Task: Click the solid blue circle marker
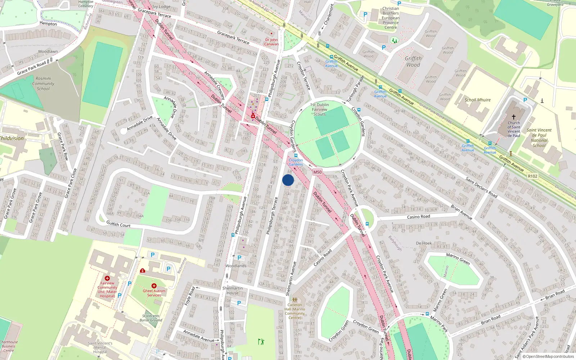[x=288, y=180]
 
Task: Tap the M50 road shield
[x=317, y=172]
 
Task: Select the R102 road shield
[x=532, y=176]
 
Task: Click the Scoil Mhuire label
[x=477, y=100]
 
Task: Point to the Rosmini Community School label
[x=43, y=84]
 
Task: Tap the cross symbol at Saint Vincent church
[x=514, y=117]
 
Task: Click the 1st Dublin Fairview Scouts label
[x=320, y=109]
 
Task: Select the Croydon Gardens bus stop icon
[x=296, y=156]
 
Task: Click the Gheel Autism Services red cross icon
[x=154, y=286]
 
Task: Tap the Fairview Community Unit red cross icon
[x=107, y=278]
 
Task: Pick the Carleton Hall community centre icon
[x=295, y=300]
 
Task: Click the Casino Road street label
[x=418, y=217]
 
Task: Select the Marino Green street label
[x=458, y=259]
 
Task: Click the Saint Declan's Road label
[x=481, y=188]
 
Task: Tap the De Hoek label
[x=424, y=243]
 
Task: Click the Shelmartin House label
[x=233, y=291]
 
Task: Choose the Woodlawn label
[x=48, y=51]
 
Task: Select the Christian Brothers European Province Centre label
[x=391, y=18]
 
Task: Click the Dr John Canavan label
[x=271, y=42]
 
